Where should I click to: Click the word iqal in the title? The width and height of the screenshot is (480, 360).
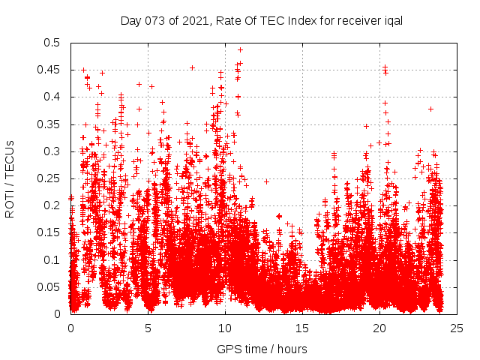(392, 21)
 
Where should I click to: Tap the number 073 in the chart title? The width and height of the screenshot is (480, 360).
(151, 21)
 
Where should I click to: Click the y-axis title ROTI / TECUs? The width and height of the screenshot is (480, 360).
(10, 178)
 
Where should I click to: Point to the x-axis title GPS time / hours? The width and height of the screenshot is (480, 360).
(262, 349)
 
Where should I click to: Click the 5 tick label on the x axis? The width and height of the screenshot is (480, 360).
(148, 328)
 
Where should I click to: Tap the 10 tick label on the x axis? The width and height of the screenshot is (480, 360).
(225, 328)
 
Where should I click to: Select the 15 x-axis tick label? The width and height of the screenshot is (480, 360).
(302, 328)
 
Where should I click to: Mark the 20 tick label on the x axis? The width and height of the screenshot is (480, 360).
(379, 328)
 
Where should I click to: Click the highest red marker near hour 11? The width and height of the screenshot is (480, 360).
(241, 49)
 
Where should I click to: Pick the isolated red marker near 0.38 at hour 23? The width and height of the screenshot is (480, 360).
(430, 109)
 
